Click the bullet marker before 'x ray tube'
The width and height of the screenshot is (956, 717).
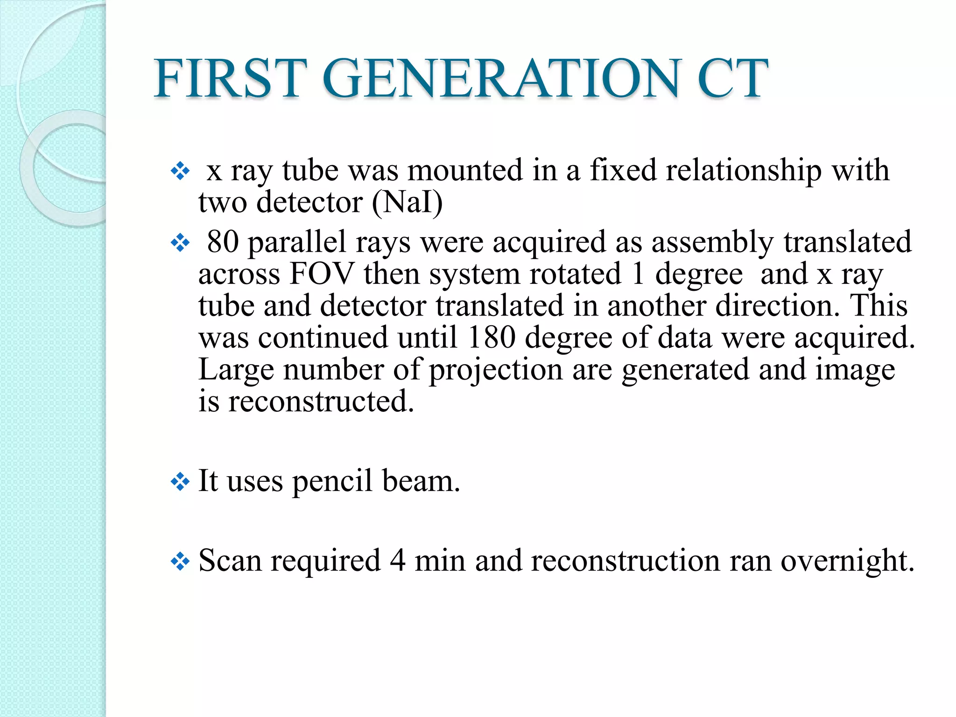coord(180,172)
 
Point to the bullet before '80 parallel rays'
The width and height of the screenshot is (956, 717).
coord(180,243)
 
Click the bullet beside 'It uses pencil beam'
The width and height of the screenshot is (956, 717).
coord(180,482)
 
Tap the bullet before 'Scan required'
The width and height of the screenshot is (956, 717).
coord(180,562)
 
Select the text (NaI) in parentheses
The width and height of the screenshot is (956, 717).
coord(407,203)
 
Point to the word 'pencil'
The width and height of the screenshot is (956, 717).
coord(332,482)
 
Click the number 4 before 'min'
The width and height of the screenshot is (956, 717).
coord(397,561)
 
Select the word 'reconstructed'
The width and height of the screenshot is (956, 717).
coord(321,402)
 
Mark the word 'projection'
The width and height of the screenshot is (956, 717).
coord(495,370)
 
